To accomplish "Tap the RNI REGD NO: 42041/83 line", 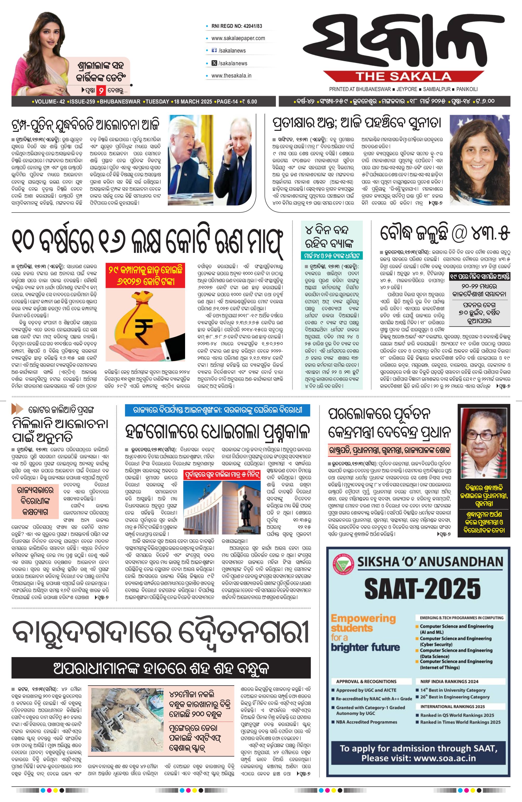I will [x=237, y=26].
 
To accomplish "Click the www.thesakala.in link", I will [x=231, y=76].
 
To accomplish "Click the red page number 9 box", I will [x=100, y=91].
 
